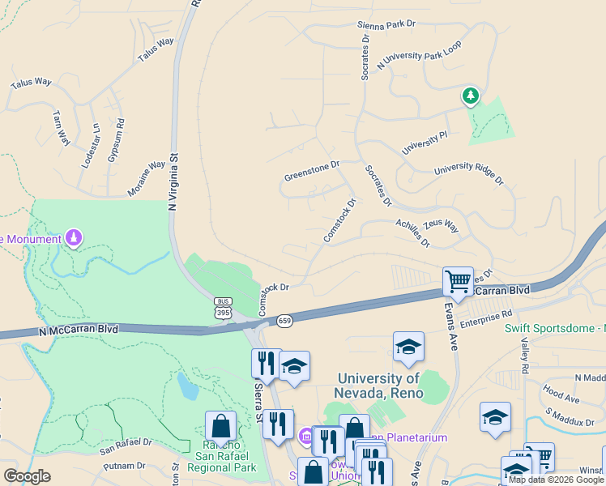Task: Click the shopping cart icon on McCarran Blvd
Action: [458, 282]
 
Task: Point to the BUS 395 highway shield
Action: [223, 307]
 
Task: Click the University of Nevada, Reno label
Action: [378, 386]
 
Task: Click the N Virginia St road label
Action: [172, 183]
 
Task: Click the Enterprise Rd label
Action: [487, 318]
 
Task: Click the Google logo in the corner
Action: [28, 475]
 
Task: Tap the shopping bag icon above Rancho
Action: [220, 427]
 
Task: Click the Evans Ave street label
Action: [450, 327]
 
